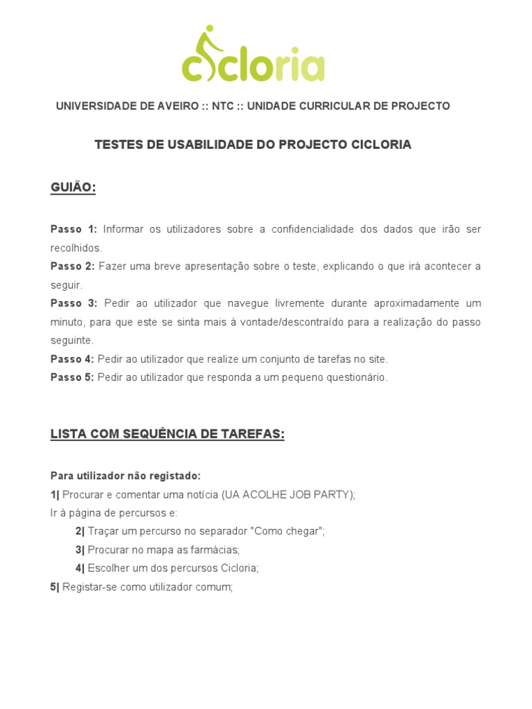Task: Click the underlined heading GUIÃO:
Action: tap(73, 188)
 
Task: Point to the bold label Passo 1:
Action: tap(74, 229)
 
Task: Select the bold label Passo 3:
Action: tap(74, 304)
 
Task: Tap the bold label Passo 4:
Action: tap(72, 359)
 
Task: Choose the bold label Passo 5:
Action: tap(72, 377)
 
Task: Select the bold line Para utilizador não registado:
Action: tap(125, 476)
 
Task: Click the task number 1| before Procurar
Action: tap(55, 494)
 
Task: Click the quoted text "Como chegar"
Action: tap(288, 531)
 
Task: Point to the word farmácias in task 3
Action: tap(216, 550)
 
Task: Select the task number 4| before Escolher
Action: tap(80, 568)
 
